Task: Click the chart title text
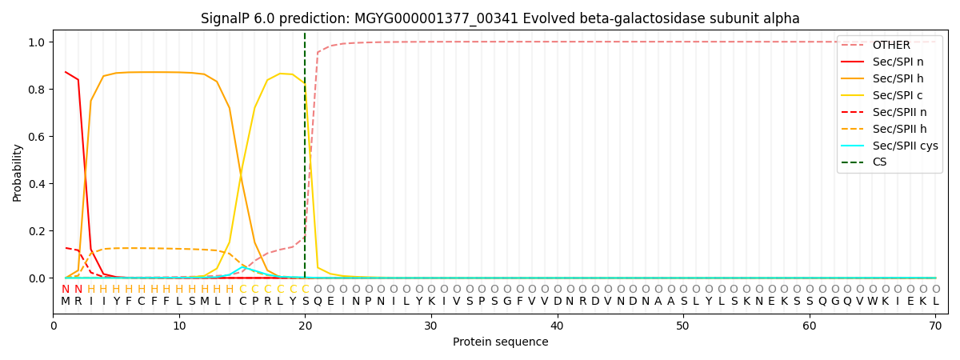(500, 18)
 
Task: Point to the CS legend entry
(880, 162)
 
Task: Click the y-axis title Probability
(18, 172)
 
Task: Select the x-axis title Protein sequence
(500, 342)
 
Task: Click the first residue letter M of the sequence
(66, 302)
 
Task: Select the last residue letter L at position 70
(935, 302)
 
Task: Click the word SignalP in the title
(226, 18)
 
